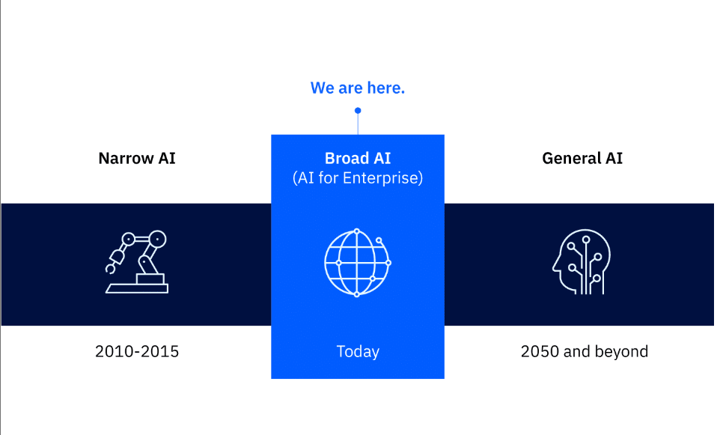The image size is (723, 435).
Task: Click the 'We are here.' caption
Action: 357,88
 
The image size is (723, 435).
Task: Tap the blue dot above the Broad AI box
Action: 358,110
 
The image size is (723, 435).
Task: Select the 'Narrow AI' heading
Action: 137,158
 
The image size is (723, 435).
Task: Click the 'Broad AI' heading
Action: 358,158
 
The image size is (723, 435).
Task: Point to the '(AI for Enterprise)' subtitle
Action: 358,178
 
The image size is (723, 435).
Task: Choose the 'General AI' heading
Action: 582,158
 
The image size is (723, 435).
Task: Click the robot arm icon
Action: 137,261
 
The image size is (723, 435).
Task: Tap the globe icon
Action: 358,263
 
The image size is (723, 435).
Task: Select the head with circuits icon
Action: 582,261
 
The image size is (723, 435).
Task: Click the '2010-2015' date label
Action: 137,351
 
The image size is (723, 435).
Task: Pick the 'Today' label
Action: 358,352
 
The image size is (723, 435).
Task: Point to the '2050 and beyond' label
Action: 585,352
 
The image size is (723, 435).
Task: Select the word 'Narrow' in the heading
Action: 126,158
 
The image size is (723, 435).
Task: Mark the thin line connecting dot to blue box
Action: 358,124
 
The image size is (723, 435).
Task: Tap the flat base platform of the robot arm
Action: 137,288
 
